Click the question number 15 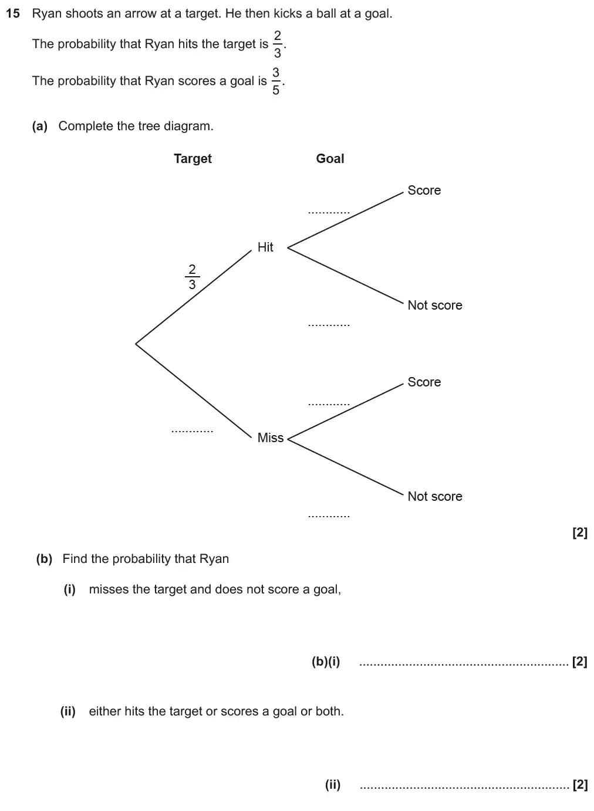12,13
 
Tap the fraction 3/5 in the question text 275,81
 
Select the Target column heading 193,158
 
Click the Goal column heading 330,158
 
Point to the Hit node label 265,247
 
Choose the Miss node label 270,437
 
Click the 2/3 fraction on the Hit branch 192,277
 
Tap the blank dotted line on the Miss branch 192,431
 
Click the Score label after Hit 424,190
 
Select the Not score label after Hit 434,305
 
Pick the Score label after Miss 424,382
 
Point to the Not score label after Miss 434,496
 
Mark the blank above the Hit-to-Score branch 329,212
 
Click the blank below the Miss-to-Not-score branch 329,515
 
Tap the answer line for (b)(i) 464,663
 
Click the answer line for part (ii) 464,786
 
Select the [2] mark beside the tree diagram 579,532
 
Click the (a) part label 40,126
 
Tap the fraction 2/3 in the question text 277,44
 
